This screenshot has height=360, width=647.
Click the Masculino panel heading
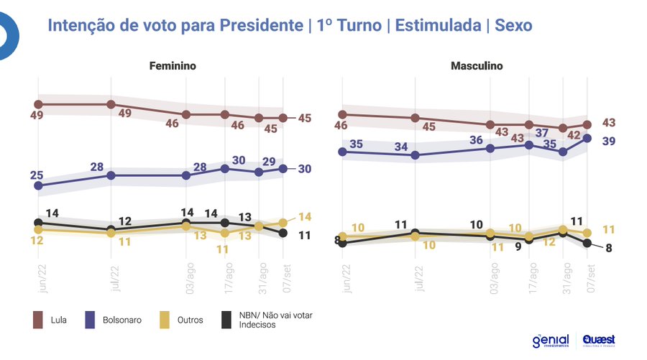477,66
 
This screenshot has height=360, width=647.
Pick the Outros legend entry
189,320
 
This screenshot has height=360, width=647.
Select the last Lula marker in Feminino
283,118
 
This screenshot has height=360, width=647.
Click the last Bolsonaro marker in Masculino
587,138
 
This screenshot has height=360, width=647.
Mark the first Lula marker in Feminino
38,104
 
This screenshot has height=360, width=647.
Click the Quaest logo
598,340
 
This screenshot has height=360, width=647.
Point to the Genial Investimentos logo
551,340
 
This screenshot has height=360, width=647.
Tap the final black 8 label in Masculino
608,249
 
